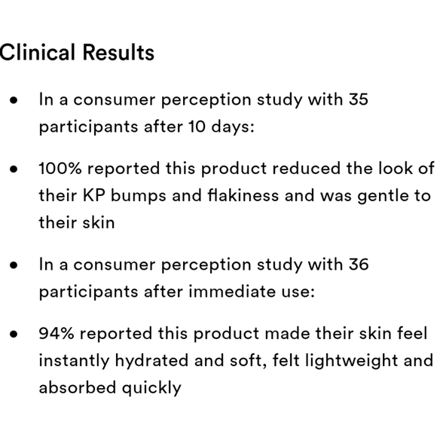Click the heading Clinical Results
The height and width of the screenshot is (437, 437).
(x=77, y=53)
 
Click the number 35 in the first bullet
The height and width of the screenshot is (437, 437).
(x=358, y=99)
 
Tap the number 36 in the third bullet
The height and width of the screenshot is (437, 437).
(x=358, y=264)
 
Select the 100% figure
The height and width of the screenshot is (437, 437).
(x=60, y=168)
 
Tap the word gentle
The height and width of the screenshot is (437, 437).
(x=380, y=196)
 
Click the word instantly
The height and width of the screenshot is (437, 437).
(x=74, y=360)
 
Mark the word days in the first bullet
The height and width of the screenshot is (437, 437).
(x=231, y=127)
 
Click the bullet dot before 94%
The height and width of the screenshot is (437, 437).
(x=14, y=334)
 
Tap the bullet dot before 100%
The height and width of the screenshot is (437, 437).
(x=14, y=169)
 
